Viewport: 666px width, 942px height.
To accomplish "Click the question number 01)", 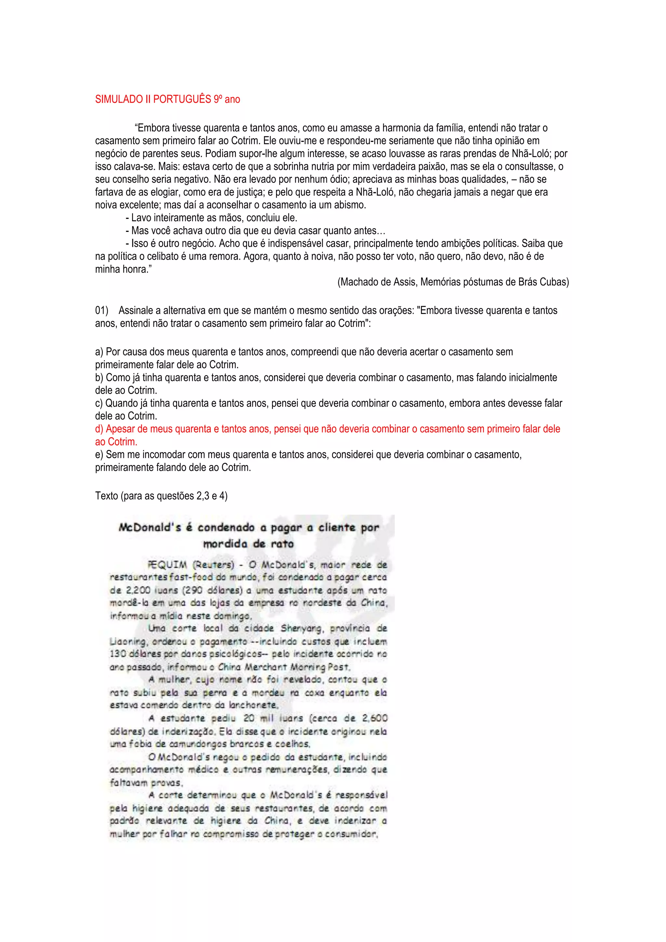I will point(102,311).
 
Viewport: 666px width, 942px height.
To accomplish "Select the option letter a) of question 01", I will point(99,352).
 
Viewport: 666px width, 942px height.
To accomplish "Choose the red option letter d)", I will point(99,429).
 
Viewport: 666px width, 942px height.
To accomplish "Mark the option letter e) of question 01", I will point(99,455).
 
